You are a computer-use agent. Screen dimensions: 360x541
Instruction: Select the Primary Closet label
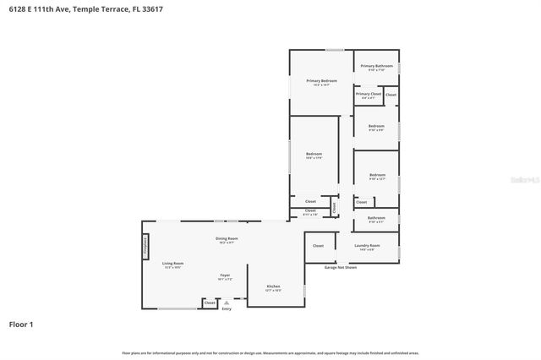point(369,95)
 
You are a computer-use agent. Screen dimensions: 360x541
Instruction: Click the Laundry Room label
point(369,247)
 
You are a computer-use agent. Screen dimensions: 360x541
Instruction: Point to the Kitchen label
point(274,287)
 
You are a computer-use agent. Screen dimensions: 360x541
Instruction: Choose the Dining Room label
point(227,240)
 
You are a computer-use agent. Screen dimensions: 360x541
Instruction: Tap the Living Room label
point(172,265)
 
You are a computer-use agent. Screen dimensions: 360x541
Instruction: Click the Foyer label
point(225,276)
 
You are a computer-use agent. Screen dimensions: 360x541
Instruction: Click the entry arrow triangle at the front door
point(226,302)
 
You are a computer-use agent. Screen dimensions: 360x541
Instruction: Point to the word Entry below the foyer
point(226,309)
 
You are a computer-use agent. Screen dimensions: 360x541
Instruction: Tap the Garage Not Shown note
point(341,267)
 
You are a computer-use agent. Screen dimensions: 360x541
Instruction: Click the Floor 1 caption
point(22,324)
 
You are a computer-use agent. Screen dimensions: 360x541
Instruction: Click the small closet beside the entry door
point(210,303)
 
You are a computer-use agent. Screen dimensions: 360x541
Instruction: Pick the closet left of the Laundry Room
point(318,246)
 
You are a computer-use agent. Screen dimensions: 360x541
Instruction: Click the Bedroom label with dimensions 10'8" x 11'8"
point(314,155)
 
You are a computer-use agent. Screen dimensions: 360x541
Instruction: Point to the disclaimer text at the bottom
point(270,352)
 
